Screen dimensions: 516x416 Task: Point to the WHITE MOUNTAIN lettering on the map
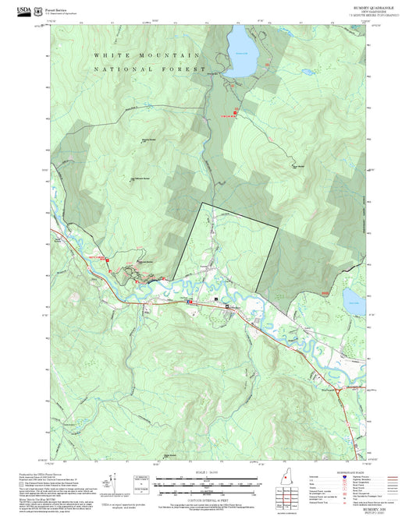(147, 56)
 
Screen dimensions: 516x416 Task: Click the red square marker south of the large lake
(236, 115)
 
